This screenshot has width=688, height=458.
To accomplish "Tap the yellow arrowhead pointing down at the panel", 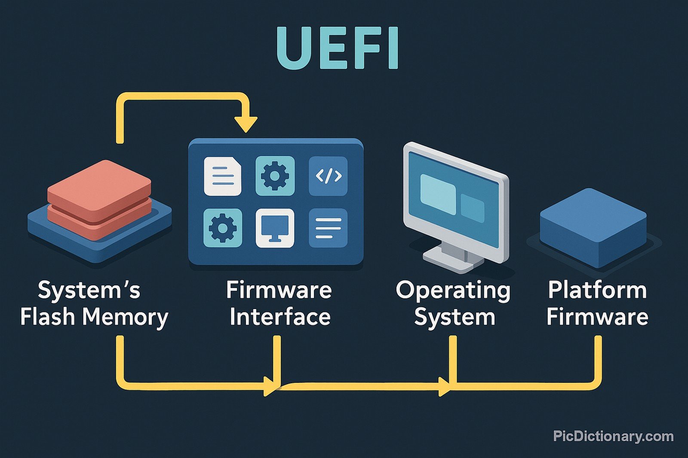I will coord(246,124).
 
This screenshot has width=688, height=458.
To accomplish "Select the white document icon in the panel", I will coord(222,176).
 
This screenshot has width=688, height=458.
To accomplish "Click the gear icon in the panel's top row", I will coord(275,176).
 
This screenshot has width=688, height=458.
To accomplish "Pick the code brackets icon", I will coord(328,176).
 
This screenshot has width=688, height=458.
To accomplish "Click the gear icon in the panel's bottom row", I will coord(222,228).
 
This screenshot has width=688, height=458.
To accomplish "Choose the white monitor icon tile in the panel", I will coord(275,228).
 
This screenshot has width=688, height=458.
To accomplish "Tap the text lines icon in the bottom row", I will coord(328,228).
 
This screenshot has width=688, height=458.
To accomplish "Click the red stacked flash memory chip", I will coord(99,197).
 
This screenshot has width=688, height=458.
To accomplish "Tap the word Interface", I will coord(280,317).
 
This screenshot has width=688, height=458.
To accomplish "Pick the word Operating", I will coord(453,291).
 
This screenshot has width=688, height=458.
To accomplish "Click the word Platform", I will coord(597,290).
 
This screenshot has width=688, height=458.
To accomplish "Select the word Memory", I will coord(125,318).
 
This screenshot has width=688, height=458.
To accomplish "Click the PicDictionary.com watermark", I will coord(613,436).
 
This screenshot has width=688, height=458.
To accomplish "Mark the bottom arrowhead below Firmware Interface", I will coord(270,386).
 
